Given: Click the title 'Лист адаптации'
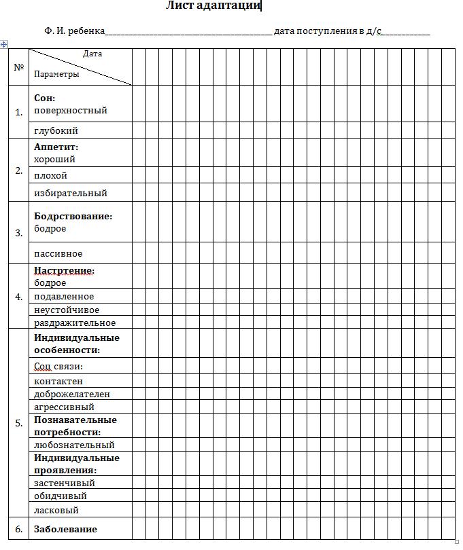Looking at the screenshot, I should point(213,6).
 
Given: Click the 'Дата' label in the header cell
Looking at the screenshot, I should point(92,54).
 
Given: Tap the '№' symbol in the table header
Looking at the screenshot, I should point(18,67).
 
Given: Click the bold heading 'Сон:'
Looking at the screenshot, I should point(45,98).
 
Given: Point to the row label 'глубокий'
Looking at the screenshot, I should point(56,130).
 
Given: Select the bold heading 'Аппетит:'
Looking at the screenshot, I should point(56,147).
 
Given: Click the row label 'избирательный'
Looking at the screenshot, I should point(71,193).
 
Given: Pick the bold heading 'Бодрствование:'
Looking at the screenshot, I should point(73,216).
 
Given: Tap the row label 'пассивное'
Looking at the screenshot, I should point(58,253).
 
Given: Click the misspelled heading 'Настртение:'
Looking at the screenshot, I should point(65,270).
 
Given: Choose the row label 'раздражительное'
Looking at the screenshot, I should point(75,323).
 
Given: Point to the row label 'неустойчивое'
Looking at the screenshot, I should point(67,310).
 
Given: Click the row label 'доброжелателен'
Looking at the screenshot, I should point(72,394).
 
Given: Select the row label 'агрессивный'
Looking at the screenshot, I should point(65,407).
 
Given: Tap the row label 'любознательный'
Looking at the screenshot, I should point(74,445).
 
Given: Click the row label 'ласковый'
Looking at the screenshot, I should point(56,510).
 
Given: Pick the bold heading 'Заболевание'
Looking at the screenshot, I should point(66,529).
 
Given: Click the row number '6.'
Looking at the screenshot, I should point(19,529).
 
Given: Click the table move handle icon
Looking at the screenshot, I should point(4,44).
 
